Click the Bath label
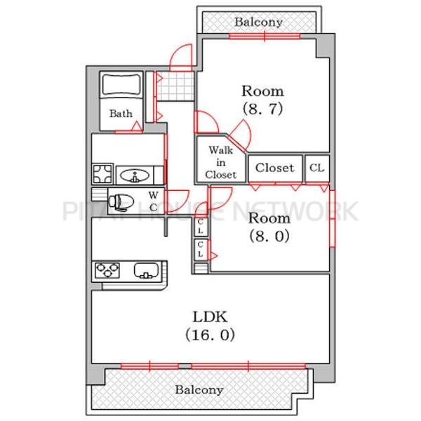click(121, 114)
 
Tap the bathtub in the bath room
click(121, 84)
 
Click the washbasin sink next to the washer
click(135, 176)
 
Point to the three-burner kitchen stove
click(107, 270)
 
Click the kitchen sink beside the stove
click(147, 270)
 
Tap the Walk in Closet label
click(221, 163)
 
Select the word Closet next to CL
click(274, 168)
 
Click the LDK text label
click(210, 317)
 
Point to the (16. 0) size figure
click(210, 335)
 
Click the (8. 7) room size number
click(262, 109)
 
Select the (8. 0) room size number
click(269, 236)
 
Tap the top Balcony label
click(258, 22)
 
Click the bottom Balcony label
click(199, 389)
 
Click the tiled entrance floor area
click(175, 86)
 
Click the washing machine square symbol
click(102, 174)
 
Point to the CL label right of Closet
click(317, 168)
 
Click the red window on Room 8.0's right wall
click(332, 218)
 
